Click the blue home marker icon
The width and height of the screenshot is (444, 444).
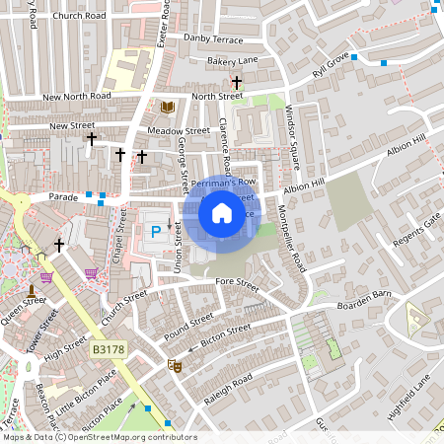coord(222,212)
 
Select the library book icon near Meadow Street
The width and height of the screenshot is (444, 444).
coord(167,107)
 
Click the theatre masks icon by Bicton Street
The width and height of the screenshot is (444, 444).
coord(175,365)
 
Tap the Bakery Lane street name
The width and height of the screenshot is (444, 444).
coord(233,61)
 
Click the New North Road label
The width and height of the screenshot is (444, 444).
coord(78,97)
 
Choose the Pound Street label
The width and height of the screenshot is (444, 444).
coord(187,328)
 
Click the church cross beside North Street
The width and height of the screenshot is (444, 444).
coord(236,83)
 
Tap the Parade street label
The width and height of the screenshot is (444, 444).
coord(63,196)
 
